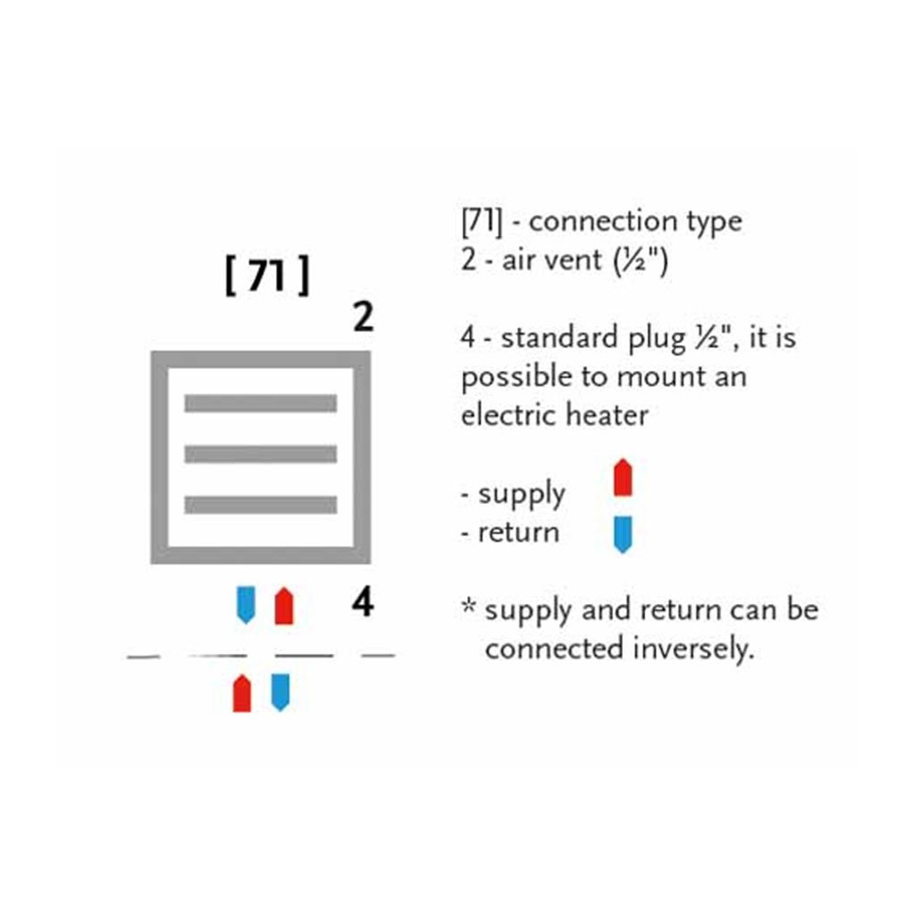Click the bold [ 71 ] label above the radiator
(266, 278)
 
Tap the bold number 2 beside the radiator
(363, 318)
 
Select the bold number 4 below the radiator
(362, 604)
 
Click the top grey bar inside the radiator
(260, 403)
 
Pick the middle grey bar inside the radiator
(260, 454)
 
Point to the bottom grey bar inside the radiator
(260, 505)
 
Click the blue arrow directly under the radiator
(245, 605)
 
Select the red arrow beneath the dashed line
(241, 693)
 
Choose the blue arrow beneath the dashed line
(280, 693)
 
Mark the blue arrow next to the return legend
(623, 533)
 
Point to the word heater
(608, 416)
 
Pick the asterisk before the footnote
(468, 609)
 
